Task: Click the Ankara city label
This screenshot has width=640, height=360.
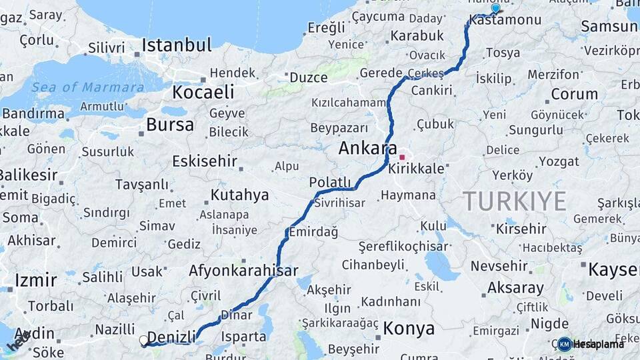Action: [x=367, y=148]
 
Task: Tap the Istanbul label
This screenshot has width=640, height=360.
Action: [x=177, y=46]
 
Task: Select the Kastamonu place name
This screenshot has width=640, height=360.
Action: [x=505, y=21]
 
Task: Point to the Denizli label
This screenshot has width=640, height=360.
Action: [x=171, y=336]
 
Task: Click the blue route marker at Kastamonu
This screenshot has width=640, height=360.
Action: [x=495, y=9]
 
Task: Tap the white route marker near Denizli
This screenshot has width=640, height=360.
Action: [x=143, y=341]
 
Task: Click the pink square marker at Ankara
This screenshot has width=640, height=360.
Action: [x=402, y=157]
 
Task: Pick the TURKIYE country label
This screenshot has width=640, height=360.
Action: [x=515, y=201]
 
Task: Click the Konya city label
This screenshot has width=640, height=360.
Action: [x=409, y=328]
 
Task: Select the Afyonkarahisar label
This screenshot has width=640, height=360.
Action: [x=243, y=271]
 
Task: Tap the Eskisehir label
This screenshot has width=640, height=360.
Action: [x=205, y=161]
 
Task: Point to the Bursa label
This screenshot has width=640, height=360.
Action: [x=170, y=125]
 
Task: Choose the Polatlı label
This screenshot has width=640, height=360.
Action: [x=329, y=183]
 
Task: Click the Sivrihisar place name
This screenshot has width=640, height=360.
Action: [x=337, y=201]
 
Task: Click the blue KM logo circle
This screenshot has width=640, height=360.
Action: [x=564, y=344]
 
